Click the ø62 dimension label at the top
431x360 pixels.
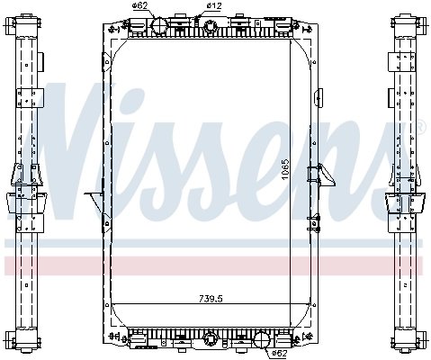coord(139,7)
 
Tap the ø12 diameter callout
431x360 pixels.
coord(214,7)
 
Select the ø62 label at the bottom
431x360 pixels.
coord(279,353)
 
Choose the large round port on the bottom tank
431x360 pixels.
coord(264,340)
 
